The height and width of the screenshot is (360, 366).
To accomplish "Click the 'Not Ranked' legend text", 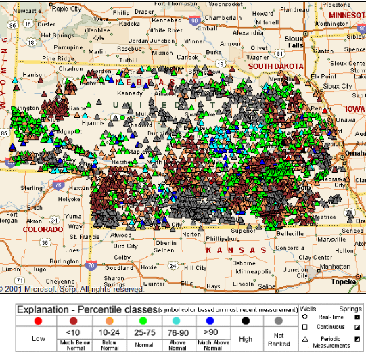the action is click(x=278, y=339).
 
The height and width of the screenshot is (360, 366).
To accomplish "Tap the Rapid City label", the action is click(x=66, y=9).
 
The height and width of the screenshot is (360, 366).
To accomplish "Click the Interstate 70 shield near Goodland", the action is click(x=91, y=267).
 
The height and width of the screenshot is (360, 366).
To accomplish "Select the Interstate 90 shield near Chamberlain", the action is click(x=194, y=21).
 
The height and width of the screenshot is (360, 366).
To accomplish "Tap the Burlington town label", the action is click(x=64, y=261).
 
